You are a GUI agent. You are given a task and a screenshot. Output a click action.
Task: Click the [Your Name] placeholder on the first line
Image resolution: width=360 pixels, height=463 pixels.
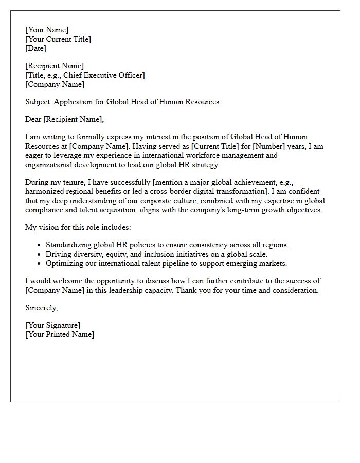click(x=47, y=30)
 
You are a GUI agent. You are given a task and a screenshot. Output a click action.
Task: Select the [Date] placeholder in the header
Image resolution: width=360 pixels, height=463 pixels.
click(x=35, y=48)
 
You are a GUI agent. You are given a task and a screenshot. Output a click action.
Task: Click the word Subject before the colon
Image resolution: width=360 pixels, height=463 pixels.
click(x=38, y=102)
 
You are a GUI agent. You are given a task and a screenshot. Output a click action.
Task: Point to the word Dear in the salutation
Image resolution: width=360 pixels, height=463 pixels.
click(x=33, y=119)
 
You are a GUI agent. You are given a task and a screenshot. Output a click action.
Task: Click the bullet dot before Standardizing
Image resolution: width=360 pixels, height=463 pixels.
click(x=40, y=245)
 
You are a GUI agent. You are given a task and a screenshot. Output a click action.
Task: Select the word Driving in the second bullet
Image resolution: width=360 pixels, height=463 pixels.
click(x=58, y=254)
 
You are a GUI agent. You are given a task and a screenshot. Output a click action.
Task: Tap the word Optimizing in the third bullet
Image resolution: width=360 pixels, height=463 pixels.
click(x=64, y=263)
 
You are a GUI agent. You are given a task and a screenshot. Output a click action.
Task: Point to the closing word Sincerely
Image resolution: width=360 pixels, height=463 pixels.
click(x=41, y=308)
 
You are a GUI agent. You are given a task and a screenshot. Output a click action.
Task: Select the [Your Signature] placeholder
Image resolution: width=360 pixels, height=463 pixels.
click(x=52, y=325)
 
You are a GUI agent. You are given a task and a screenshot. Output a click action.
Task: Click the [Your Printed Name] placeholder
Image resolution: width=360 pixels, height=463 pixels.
click(x=60, y=334)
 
